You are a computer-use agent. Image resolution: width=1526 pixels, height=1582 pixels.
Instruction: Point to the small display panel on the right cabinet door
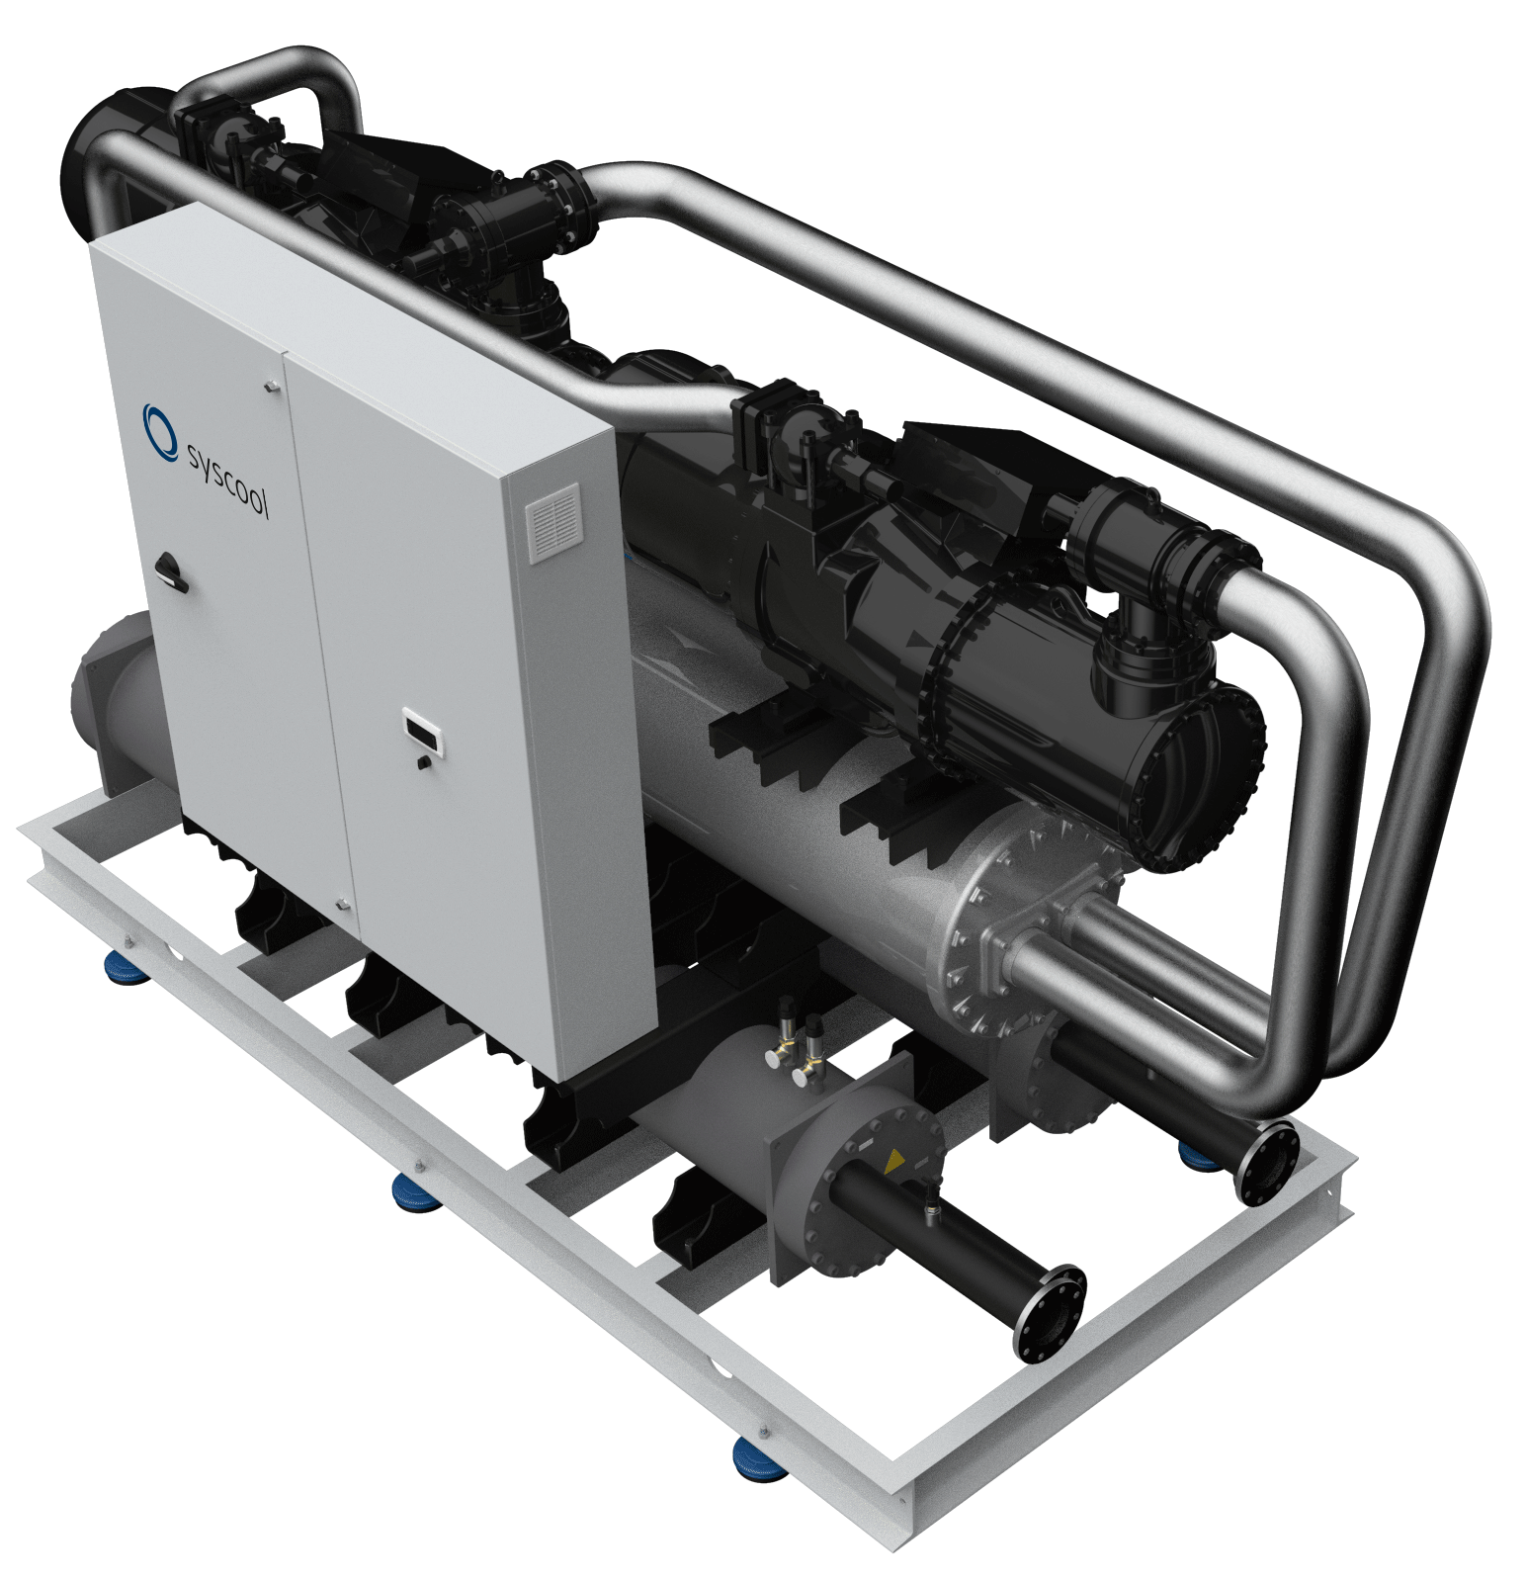pos(422,735)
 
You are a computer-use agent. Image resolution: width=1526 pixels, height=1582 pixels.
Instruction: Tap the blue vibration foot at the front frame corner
pos(758,1456)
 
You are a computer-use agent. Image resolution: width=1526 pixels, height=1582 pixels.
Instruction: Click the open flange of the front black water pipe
pos(1053,1312)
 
